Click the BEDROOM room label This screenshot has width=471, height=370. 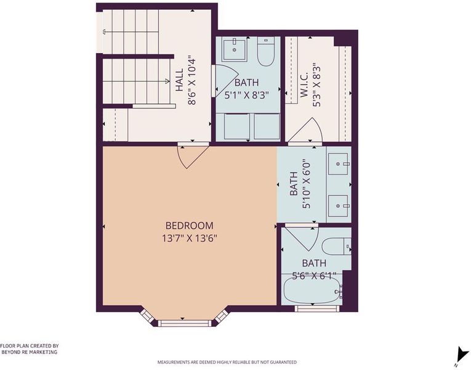(190, 225)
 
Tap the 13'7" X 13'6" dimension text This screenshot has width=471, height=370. (190, 239)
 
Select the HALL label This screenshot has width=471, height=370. (179, 80)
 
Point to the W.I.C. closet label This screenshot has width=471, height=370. (304, 84)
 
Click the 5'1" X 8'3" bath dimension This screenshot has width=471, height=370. (246, 96)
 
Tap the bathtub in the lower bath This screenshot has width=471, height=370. (312, 290)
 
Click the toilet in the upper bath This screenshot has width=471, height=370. (266, 51)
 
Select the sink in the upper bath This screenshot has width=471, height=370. (235, 49)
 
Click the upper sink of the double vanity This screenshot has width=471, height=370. (338, 164)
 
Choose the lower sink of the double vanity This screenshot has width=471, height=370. (338, 206)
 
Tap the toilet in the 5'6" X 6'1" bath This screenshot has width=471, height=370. (336, 247)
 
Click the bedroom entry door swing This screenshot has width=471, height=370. (192, 157)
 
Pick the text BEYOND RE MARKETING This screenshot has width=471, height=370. (30, 352)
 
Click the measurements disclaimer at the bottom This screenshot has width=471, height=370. (227, 362)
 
